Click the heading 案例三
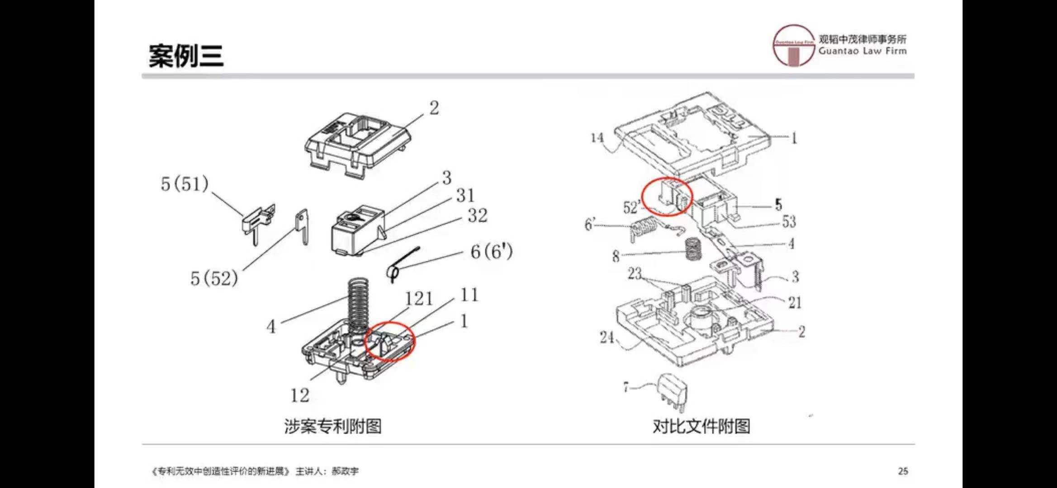[186, 56]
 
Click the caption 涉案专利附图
[332, 426]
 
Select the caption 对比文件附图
[701, 426]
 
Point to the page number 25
[903, 471]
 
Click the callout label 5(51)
[185, 184]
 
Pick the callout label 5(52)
[214, 278]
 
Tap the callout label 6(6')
[491, 252]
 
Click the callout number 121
[418, 299]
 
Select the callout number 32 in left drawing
[477, 216]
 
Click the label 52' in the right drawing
[632, 207]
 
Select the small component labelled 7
[672, 392]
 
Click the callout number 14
[597, 137]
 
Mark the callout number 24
[607, 337]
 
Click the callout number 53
[789, 221]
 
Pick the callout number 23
[635, 273]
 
